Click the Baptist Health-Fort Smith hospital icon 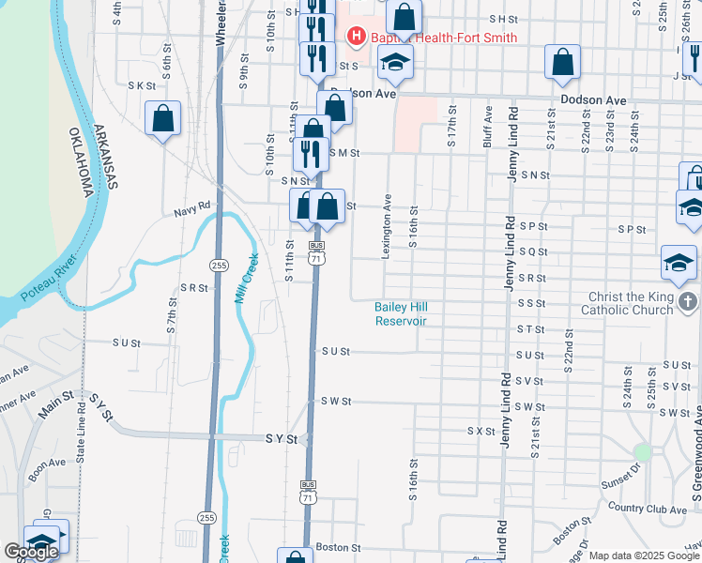click(357, 38)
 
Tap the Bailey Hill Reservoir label click(401, 313)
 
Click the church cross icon click(688, 302)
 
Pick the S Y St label click(281, 438)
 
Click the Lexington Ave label click(387, 225)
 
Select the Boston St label click(338, 547)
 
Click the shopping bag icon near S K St click(163, 118)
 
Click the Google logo click(31, 552)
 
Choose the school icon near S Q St click(679, 263)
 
